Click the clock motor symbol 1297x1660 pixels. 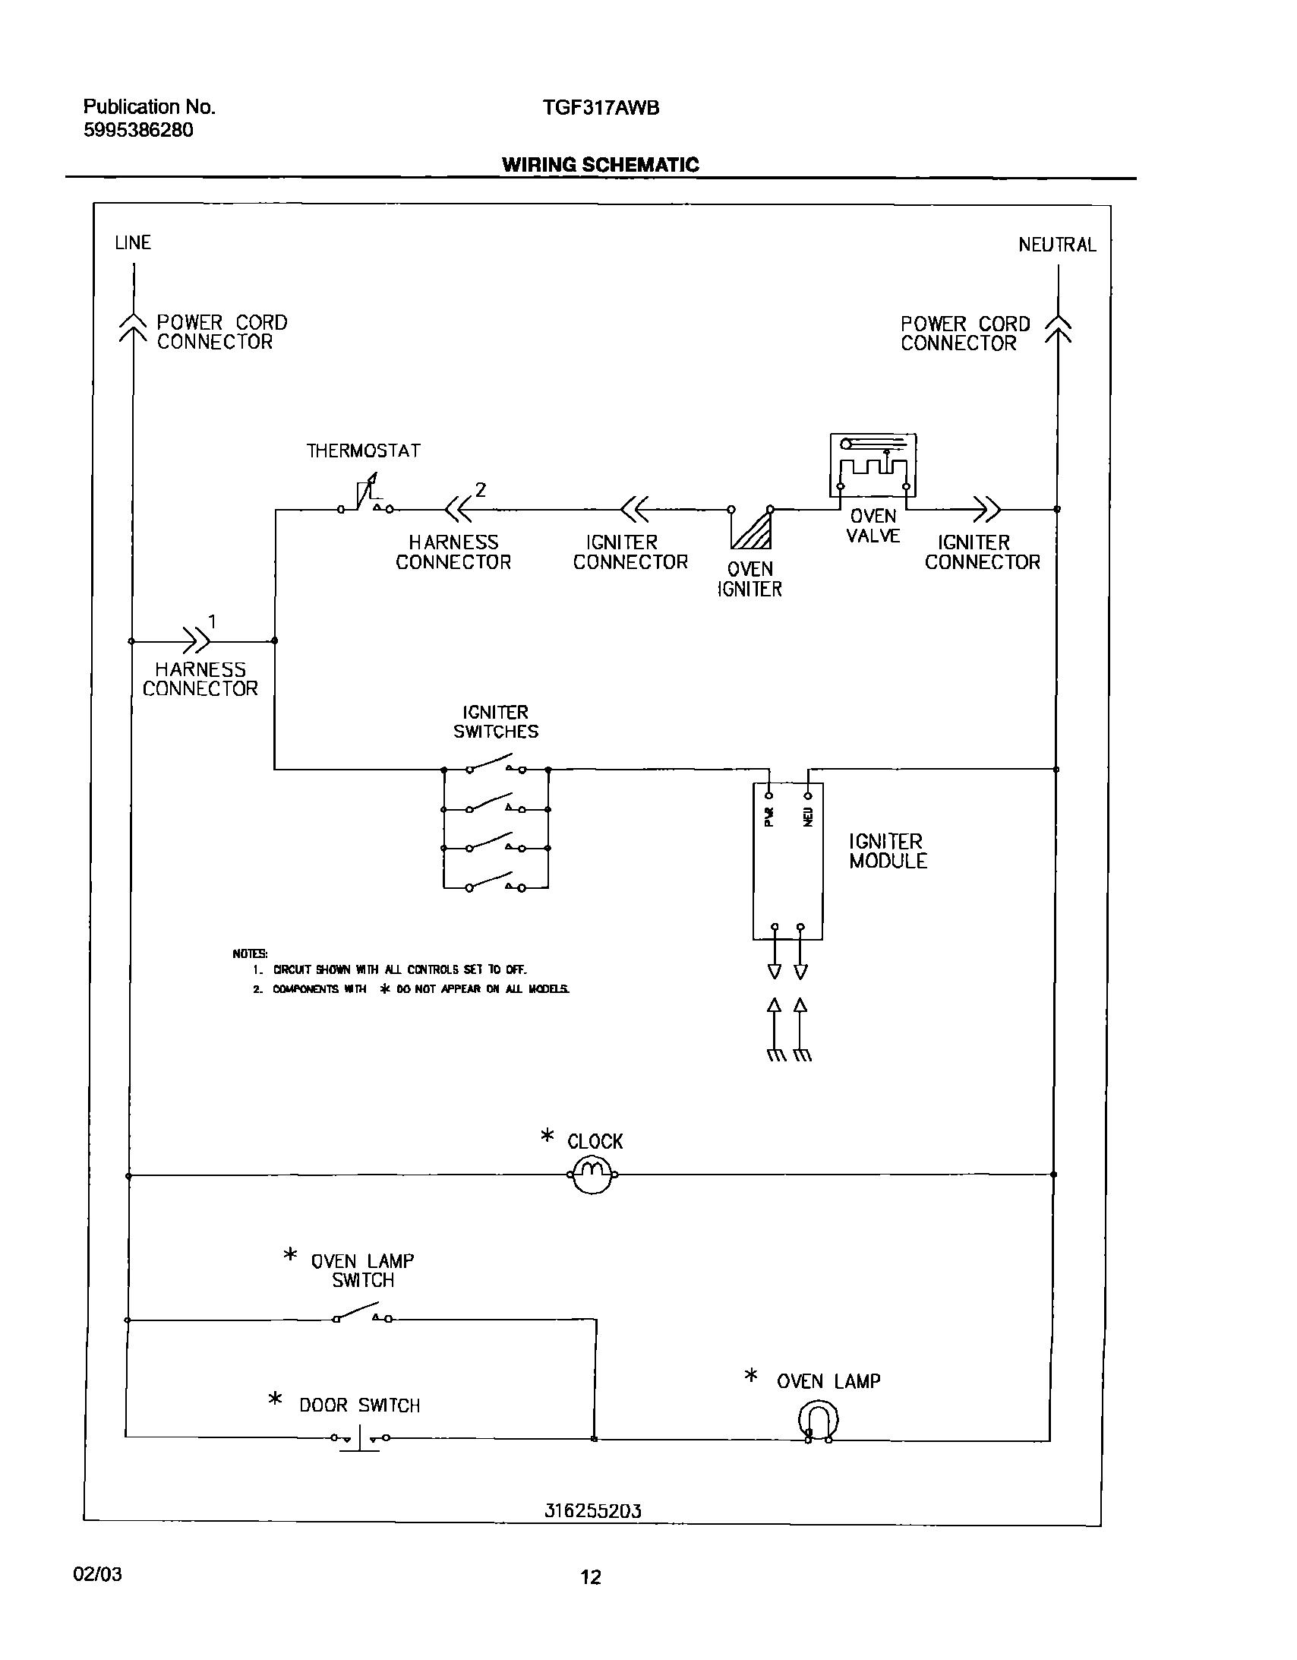[x=592, y=1175]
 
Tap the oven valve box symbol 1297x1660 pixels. [x=873, y=464]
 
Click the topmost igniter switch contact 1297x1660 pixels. [x=494, y=764]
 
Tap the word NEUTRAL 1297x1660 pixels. [x=1057, y=245]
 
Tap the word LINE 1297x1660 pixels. [x=133, y=242]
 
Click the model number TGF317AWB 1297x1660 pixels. [x=601, y=108]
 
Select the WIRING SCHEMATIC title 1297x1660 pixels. [x=600, y=165]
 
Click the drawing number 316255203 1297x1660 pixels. [x=592, y=1511]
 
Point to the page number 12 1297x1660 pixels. [x=590, y=1576]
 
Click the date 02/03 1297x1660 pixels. [x=97, y=1573]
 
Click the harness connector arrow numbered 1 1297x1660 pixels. [x=196, y=640]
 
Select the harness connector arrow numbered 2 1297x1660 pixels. [x=458, y=508]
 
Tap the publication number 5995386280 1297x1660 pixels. [x=138, y=130]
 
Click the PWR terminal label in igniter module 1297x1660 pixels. [x=768, y=816]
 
